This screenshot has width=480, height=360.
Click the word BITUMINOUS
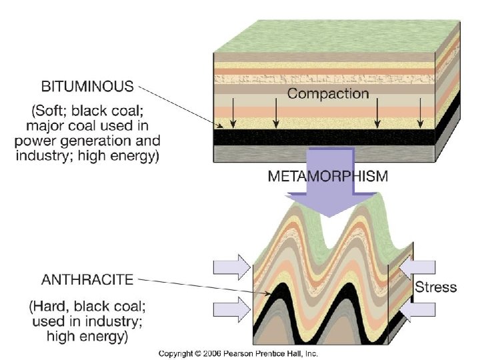click(87, 87)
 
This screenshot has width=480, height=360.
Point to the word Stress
click(435, 287)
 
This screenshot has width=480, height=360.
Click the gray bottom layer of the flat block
click(320, 153)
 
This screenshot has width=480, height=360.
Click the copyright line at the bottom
click(237, 353)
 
